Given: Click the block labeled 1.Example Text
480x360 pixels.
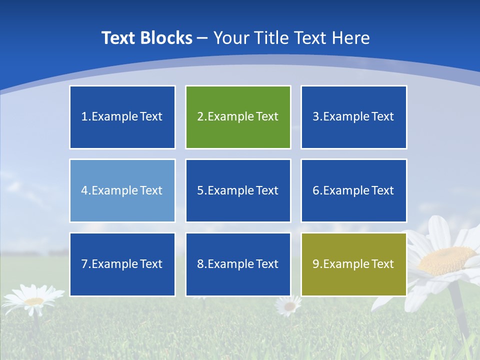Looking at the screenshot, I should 122,117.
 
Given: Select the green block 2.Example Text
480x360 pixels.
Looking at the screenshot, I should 238,117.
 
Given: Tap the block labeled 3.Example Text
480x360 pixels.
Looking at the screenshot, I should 353,117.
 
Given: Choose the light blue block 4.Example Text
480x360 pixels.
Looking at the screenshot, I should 122,190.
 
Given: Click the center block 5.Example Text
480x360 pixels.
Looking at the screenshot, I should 238,190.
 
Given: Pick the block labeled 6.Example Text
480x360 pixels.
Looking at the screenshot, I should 353,190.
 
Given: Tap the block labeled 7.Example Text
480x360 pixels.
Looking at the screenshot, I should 122,264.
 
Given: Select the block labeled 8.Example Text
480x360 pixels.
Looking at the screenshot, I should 238,264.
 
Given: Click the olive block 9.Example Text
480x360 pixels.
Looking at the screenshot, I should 353,264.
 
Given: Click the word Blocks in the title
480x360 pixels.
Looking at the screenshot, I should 167,38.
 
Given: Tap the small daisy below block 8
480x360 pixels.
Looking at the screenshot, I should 288,305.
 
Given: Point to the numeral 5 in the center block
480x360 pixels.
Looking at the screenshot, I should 200,190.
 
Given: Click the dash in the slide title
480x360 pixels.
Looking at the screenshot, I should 203,38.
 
